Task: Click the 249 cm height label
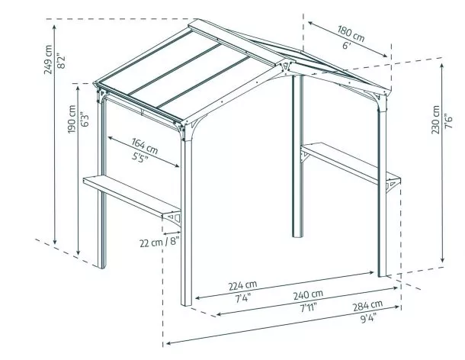[x=50, y=59]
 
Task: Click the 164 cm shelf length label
[x=144, y=143]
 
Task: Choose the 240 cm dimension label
[x=308, y=294]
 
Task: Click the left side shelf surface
[x=130, y=194]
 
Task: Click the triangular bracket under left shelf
[x=174, y=220]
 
